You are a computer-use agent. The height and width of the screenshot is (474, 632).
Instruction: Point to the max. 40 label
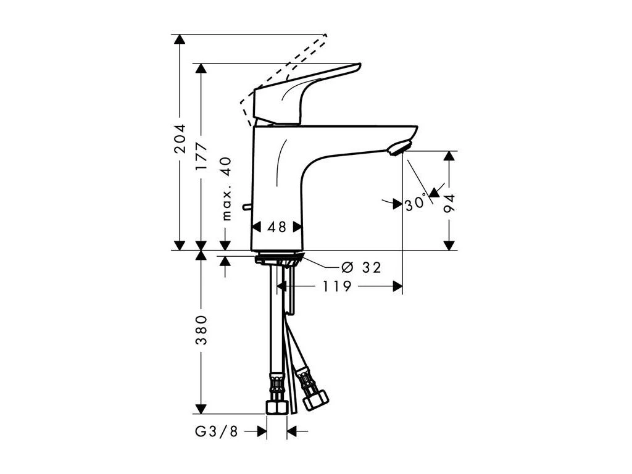click(226, 188)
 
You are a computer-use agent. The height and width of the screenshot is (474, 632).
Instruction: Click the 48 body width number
click(277, 227)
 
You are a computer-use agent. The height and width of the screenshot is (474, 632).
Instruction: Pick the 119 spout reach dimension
click(336, 286)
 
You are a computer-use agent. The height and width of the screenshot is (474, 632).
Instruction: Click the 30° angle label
click(415, 204)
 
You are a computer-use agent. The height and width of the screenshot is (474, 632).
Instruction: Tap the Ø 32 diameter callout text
click(362, 267)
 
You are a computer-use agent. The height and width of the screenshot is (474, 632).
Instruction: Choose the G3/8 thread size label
click(217, 432)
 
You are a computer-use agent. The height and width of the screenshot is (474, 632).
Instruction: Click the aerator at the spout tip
click(397, 149)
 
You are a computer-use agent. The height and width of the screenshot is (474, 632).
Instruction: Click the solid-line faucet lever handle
click(302, 93)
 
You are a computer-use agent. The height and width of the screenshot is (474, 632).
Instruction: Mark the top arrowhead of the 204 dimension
click(180, 39)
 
